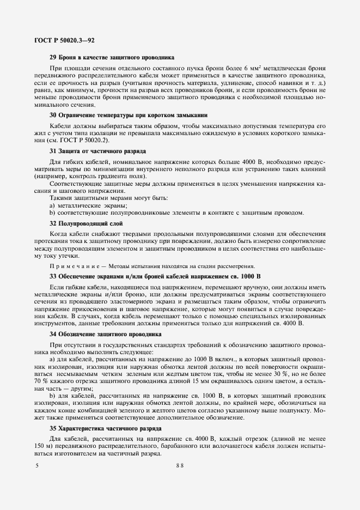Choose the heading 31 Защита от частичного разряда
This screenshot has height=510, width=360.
[x=97, y=150]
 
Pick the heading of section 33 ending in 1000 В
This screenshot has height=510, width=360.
[x=155, y=276]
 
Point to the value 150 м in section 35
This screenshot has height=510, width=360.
[x=43, y=446]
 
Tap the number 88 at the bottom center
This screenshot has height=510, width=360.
[x=180, y=465]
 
